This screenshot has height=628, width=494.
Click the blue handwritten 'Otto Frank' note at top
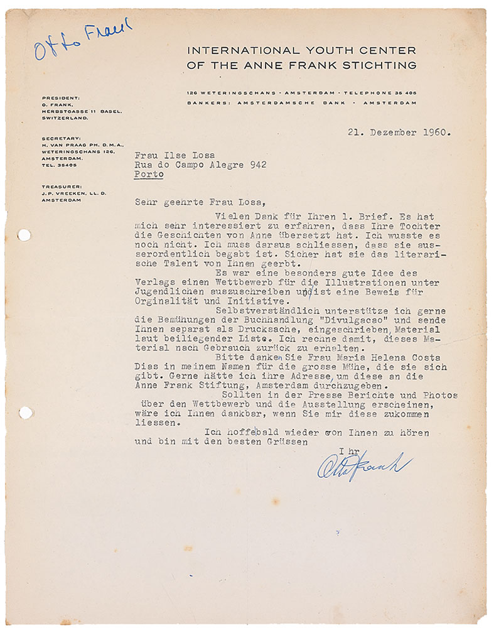click(83, 39)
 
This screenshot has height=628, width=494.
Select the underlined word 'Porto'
click(149, 175)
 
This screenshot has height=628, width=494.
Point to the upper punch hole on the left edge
click(24, 235)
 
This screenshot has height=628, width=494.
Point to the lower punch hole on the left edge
click(24, 413)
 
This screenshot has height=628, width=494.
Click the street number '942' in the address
click(255, 165)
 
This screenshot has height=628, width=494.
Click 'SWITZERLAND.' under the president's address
click(63, 117)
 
